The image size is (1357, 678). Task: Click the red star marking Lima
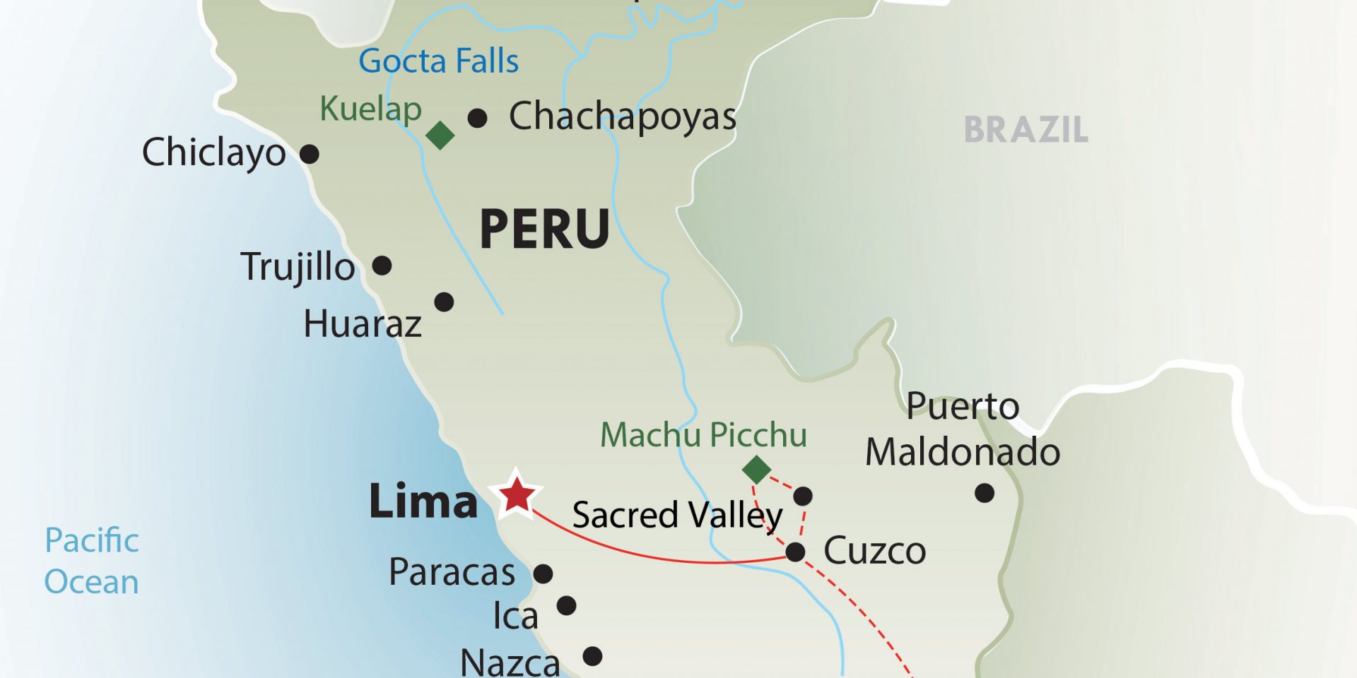[x=517, y=494]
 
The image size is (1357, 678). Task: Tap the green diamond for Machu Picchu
[x=756, y=470]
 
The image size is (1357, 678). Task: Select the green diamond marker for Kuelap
[x=440, y=135]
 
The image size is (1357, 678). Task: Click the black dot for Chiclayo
[x=310, y=153]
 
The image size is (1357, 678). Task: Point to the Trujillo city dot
[x=382, y=266]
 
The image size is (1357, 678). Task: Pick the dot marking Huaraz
[x=444, y=302]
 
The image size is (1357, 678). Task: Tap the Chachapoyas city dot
[x=477, y=118]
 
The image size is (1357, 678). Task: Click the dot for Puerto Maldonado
[x=985, y=493]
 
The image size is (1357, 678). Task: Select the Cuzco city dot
[x=795, y=552]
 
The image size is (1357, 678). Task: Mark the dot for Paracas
[x=543, y=573]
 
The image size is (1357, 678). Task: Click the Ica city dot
[x=566, y=605]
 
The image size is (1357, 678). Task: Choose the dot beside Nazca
[x=592, y=656]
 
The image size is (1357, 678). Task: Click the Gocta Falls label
[x=438, y=61]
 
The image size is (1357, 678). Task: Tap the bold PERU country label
[x=544, y=230]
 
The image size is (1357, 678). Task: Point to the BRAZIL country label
[x=1026, y=130]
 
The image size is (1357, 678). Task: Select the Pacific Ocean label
[x=92, y=561]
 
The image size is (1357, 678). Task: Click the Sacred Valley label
[x=677, y=515]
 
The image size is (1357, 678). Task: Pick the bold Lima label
[x=423, y=501]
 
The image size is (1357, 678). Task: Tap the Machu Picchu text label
[x=703, y=435]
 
